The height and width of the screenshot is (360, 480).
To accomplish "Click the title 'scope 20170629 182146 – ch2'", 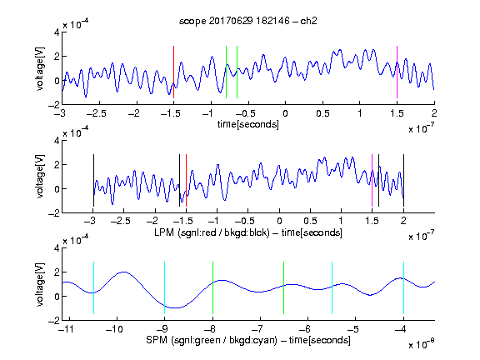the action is (x=248, y=21).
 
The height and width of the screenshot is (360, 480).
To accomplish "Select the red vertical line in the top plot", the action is (x=173, y=72).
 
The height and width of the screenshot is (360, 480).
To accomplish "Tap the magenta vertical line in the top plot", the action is (x=397, y=72).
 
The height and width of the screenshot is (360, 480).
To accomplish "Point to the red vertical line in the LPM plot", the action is (x=186, y=180).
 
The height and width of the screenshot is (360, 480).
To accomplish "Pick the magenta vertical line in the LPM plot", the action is (x=372, y=180).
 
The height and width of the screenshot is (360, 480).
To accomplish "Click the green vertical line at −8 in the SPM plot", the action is (x=212, y=287).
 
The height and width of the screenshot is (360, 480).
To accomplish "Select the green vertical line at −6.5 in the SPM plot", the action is (x=284, y=287).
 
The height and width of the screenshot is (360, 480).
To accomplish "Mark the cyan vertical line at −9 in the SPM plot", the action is (x=165, y=287).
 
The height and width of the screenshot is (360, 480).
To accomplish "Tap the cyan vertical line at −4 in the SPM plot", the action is (x=404, y=287).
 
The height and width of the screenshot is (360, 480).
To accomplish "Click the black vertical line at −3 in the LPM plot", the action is (x=93, y=180).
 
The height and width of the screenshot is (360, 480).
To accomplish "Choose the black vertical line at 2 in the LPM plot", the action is (x=403, y=180).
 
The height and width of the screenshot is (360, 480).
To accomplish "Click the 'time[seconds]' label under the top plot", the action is (x=248, y=124).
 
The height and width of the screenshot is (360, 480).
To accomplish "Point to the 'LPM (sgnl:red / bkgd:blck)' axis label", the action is (x=212, y=232).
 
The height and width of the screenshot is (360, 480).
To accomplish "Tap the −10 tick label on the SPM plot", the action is (x=114, y=329).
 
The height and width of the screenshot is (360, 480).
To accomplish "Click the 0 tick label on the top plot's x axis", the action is (x=285, y=113).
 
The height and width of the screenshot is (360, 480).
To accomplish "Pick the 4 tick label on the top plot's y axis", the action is (x=57, y=32).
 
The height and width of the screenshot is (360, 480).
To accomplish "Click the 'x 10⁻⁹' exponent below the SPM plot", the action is (x=421, y=344).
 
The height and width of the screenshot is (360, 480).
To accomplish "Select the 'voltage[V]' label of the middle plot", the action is (x=40, y=177).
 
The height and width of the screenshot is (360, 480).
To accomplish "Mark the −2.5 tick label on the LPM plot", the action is (x=120, y=221).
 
